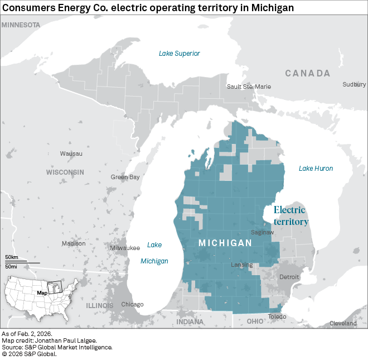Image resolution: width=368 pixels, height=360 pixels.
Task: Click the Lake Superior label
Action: coord(179,54)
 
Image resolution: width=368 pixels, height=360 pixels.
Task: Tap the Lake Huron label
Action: coord(316,169)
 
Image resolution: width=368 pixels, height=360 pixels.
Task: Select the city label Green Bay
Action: coord(125,177)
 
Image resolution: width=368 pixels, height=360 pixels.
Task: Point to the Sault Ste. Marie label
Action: coord(249,87)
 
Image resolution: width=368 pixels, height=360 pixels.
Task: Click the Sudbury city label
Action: coord(354,84)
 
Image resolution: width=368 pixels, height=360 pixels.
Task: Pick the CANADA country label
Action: coord(308,73)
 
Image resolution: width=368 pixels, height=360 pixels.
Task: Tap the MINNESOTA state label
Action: coord(21,25)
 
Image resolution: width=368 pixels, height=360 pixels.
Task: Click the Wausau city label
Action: coord(71,153)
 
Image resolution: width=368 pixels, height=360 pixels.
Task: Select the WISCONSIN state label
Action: coord(65,172)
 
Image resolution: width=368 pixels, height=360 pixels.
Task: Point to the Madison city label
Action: coord(74,243)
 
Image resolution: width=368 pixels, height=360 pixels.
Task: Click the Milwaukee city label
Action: coord(125,248)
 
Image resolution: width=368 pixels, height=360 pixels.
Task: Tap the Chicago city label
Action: coord(132,304)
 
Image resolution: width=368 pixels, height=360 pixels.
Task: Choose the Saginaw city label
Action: coord(263,232)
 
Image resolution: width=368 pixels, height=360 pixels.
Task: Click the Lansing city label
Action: coord(243,265)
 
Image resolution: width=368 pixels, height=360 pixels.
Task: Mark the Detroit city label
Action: coord(289,277)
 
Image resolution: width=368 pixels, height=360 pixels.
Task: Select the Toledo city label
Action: coord(277,316)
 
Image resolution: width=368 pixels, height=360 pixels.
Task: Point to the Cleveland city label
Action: coord(343,323)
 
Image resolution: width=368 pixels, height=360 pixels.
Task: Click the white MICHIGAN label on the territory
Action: coord(225,243)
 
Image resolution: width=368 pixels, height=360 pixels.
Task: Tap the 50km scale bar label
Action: coord(12,257)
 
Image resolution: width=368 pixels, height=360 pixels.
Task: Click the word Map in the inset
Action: coord(42,292)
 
